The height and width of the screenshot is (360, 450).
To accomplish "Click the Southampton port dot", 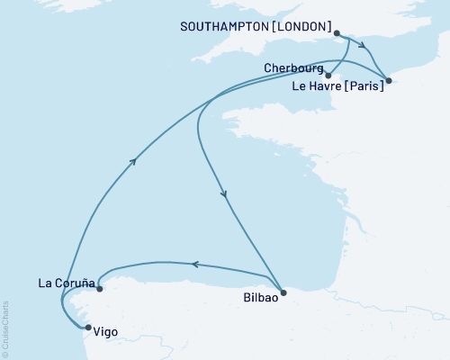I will click(337, 34).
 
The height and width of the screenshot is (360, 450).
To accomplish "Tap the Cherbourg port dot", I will click(328, 76).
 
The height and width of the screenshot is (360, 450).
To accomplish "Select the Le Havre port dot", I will click(388, 82).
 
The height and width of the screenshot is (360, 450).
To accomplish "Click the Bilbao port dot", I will click(283, 292).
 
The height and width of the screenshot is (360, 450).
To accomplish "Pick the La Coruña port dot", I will click(99, 289).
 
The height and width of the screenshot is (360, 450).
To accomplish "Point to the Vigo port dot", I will click(86, 328).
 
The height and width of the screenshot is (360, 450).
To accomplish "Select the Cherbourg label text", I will click(293, 67).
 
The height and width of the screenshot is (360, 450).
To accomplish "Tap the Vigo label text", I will click(105, 332).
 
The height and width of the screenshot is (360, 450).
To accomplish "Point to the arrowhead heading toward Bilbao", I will click(223, 193).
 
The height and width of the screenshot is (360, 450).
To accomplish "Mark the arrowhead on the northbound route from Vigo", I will click(134, 161).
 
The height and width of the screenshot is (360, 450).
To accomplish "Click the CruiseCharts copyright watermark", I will click(6, 328).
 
